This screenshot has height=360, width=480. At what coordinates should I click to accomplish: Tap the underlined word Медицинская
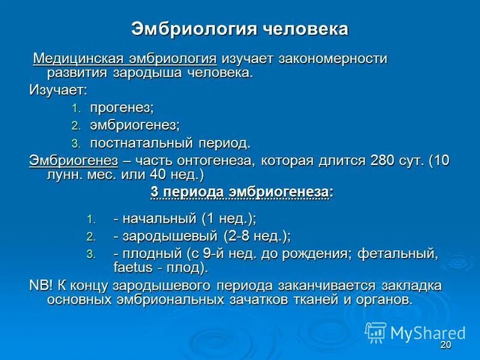(77, 59)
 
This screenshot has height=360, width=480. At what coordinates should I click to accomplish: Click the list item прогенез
(121, 108)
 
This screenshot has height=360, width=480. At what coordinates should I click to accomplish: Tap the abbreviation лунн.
(66, 176)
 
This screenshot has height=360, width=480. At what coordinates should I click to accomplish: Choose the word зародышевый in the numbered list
(170, 236)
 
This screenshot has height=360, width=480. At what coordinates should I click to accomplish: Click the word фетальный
(397, 253)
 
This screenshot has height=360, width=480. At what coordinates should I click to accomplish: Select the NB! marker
(41, 284)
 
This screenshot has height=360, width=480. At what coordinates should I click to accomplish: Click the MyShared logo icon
(376, 332)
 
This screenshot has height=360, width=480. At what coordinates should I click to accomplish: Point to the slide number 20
(445, 346)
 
